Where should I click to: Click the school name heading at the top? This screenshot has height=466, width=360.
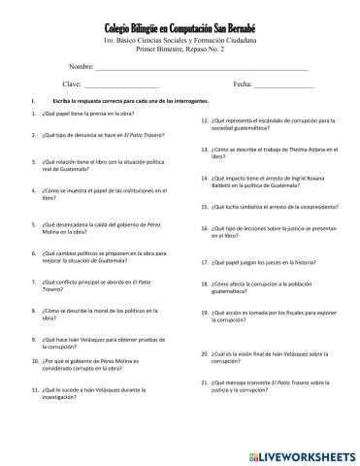point(180,30)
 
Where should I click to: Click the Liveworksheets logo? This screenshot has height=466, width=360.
point(296,453)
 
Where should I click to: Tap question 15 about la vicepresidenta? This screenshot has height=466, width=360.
point(269,207)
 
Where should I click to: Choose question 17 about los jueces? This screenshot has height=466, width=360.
point(263,262)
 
